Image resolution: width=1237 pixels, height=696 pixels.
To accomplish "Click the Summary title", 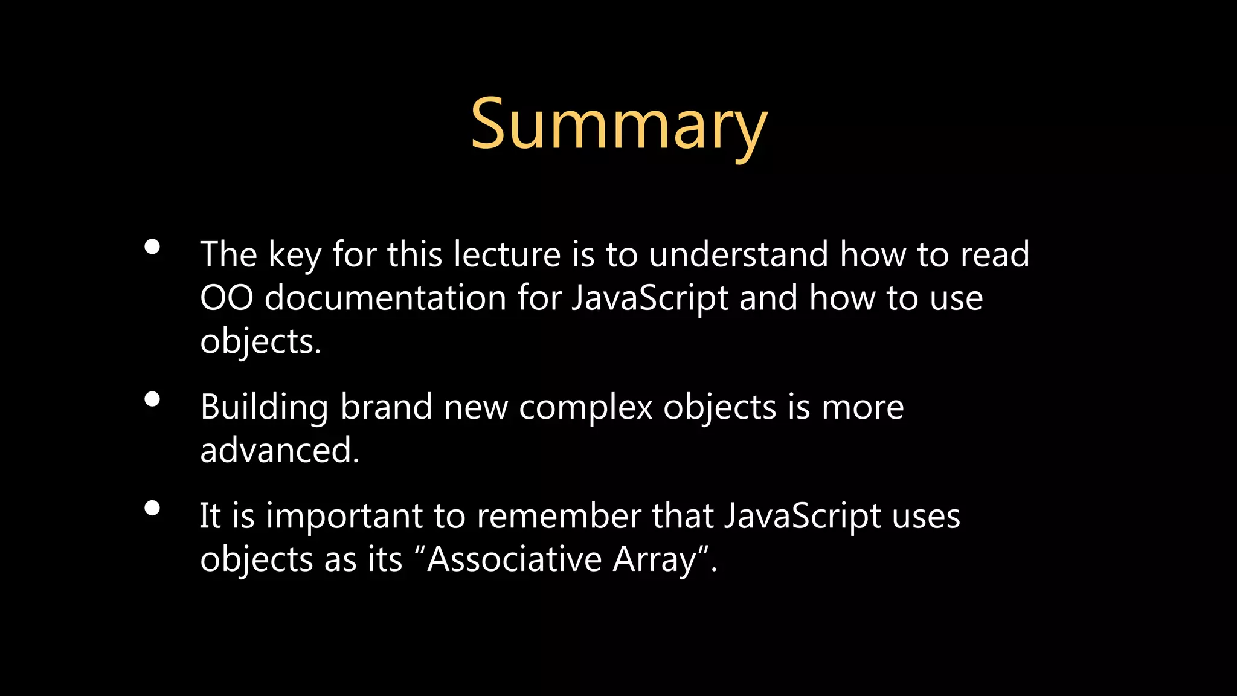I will click(x=618, y=125).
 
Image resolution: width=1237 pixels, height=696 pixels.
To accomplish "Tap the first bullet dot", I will click(x=152, y=246).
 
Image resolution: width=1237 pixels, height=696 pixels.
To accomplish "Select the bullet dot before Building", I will click(x=152, y=399).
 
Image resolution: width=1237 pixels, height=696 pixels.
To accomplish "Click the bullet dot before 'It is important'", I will click(x=152, y=508).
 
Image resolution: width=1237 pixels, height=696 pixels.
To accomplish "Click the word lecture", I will click(x=507, y=254).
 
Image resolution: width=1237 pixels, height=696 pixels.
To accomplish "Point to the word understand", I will click(x=738, y=254).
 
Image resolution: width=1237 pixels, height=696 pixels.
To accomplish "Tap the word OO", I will click(x=227, y=298).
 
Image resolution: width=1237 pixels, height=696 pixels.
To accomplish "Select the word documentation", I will click(x=385, y=298).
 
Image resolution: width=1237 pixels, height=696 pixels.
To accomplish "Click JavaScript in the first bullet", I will click(x=650, y=298).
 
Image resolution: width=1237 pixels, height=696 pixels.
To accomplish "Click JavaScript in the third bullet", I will click(x=802, y=516).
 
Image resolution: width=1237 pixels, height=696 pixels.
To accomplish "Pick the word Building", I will click(x=265, y=407).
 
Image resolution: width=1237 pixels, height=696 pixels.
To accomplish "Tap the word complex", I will click(x=585, y=407).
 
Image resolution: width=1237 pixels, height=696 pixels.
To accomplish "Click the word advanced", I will click(x=279, y=450).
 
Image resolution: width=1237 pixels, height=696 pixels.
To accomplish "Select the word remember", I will click(x=558, y=516).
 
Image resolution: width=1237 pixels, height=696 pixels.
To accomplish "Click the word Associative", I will click(x=514, y=559).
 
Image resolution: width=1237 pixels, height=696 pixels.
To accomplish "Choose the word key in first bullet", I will click(x=294, y=254).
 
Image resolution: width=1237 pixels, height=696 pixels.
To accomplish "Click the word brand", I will click(x=387, y=407).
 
